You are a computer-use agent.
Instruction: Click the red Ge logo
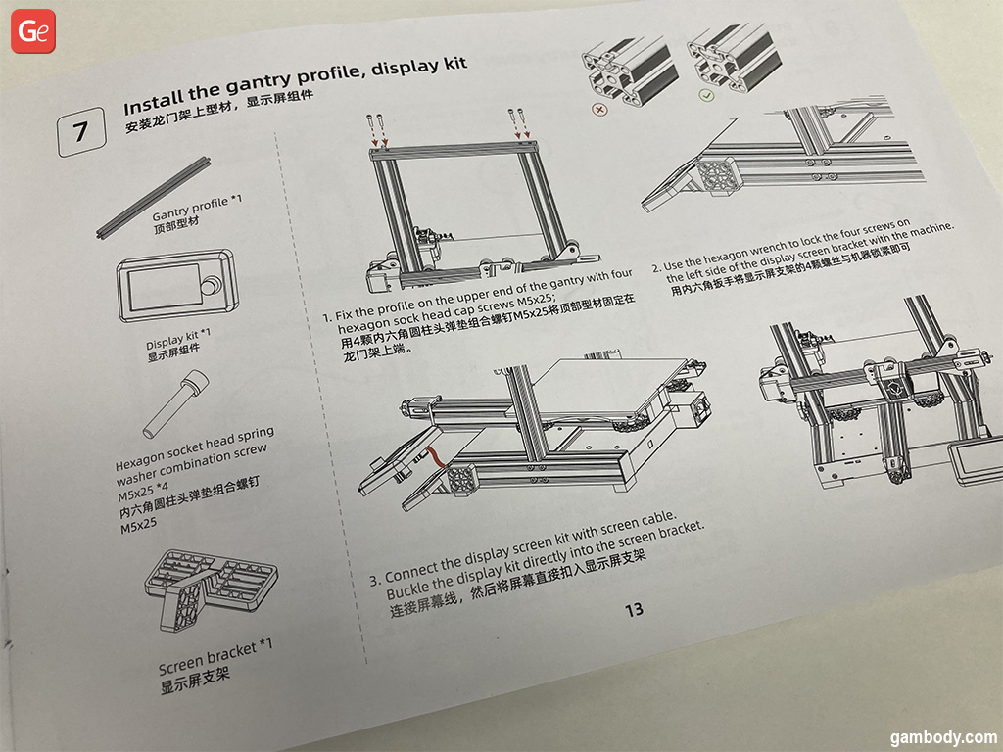tap(33, 30)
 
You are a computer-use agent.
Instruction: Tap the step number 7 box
tap(81, 132)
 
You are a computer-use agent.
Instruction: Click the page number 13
tap(634, 609)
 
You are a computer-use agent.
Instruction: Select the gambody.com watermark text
tap(943, 737)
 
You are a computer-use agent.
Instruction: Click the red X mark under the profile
tap(600, 110)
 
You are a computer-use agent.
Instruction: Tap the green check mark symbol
tap(706, 95)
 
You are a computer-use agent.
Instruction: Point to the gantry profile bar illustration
tap(154, 197)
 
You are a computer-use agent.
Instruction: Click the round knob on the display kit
tap(209, 286)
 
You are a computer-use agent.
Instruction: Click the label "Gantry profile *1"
tap(197, 208)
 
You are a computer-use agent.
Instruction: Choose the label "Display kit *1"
tap(178, 339)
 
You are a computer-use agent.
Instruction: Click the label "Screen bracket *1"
tap(215, 655)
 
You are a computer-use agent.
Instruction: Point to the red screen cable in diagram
tap(437, 458)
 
